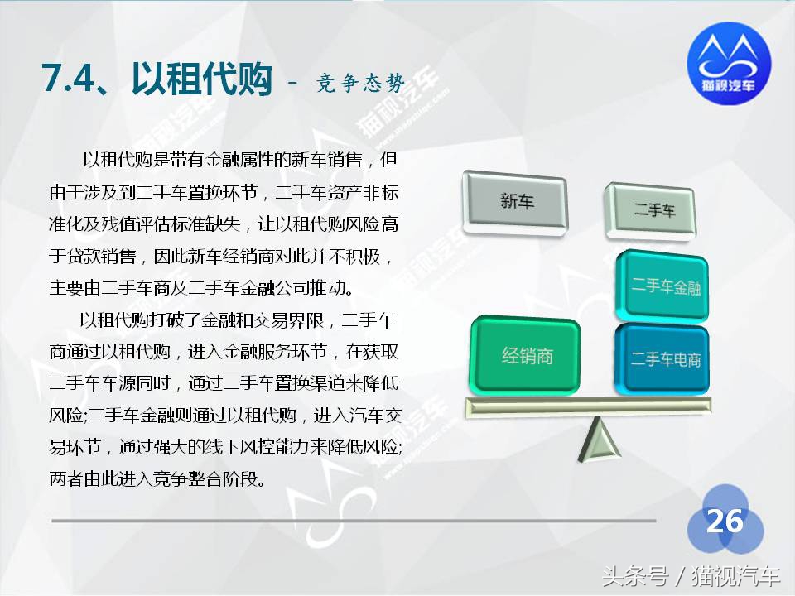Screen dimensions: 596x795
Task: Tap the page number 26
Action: pos(724,521)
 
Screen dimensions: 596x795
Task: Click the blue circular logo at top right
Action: pos(729,63)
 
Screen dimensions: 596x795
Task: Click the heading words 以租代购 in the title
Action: pos(200,79)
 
